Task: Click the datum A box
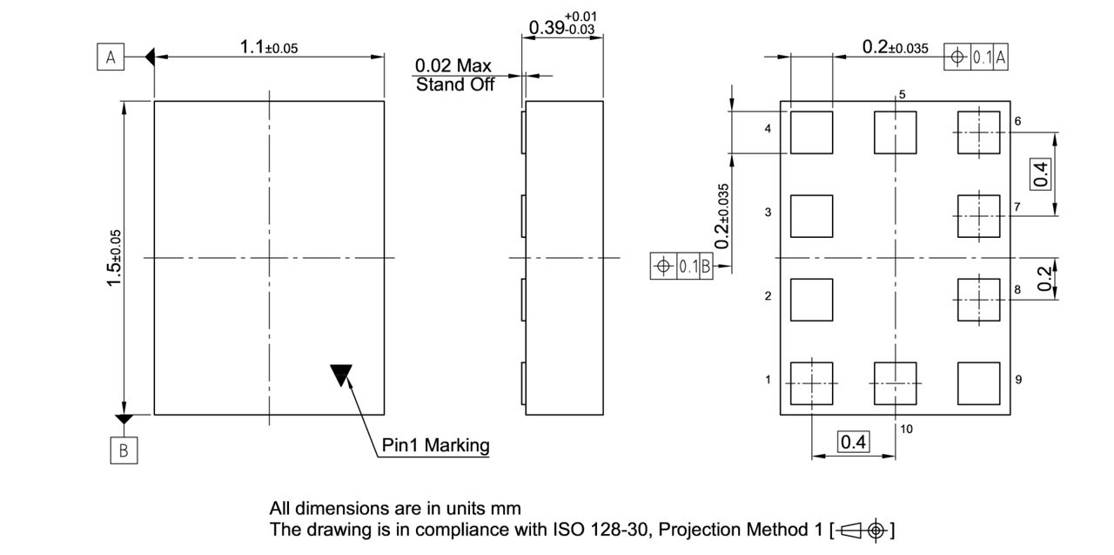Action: [111, 57]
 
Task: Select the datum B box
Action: [124, 450]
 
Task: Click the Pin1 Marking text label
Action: [436, 445]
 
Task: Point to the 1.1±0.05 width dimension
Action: [269, 48]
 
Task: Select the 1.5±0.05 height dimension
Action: [114, 258]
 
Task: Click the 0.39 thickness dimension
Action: [562, 24]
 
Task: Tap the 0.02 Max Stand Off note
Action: [454, 75]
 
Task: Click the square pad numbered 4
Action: [812, 132]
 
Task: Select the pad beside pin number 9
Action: [979, 383]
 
